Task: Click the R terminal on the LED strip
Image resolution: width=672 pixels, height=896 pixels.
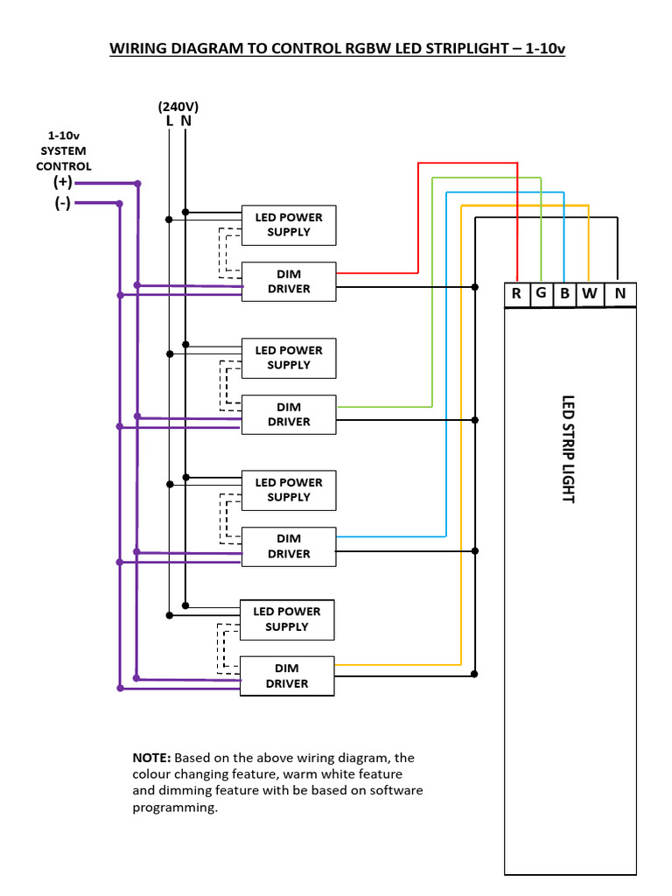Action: point(516,294)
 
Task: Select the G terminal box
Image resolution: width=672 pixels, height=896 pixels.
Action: point(541,294)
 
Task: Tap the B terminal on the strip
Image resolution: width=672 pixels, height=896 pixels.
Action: point(565,294)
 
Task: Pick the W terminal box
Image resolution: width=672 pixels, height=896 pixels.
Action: point(589,294)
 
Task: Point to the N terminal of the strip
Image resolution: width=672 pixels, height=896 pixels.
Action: point(619,294)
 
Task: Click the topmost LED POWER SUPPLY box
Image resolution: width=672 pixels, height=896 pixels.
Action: point(289,225)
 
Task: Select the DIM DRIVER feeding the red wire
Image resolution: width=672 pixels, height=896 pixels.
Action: point(289,282)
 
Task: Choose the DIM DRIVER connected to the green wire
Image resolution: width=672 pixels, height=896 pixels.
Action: point(289,415)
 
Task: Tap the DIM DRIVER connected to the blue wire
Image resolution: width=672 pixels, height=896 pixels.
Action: point(289,547)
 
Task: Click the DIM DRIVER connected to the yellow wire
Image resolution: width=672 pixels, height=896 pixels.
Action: point(287,676)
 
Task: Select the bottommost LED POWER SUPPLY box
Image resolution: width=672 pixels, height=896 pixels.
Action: point(287,619)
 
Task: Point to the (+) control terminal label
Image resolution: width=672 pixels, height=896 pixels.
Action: point(62,183)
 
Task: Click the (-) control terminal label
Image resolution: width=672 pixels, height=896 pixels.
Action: point(62,203)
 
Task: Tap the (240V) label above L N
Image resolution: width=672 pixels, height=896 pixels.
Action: point(178,107)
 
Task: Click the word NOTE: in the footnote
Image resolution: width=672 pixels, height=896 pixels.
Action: point(152,758)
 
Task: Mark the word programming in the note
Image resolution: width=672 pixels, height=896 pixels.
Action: point(173,808)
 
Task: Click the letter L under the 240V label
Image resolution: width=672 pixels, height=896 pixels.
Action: point(169,122)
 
